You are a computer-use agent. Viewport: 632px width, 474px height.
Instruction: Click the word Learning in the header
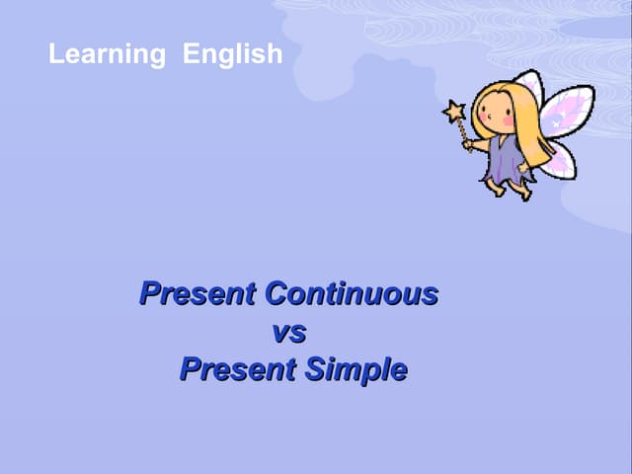pos(107,54)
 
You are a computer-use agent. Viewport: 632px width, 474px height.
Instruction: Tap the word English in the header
pos(233,54)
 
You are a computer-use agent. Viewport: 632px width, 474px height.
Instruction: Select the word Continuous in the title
pos(352,294)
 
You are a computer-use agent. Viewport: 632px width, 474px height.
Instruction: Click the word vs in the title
pos(288,332)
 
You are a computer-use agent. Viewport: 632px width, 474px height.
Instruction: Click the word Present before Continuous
pos(198,294)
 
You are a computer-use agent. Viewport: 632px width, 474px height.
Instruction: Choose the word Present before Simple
pos(238,369)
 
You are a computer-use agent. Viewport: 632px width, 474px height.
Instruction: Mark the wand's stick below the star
pos(463,129)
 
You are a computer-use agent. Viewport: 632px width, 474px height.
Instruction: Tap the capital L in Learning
pos(55,54)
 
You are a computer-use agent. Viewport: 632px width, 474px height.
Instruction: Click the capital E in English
pos(191,54)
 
